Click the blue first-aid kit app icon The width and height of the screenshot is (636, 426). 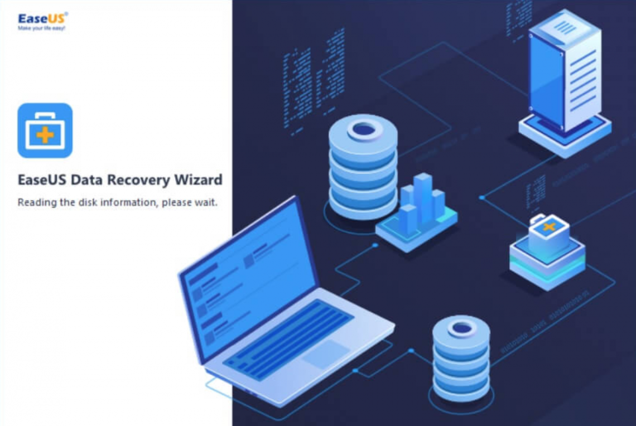(45, 130)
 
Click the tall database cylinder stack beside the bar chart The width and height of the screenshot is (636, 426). (363, 170)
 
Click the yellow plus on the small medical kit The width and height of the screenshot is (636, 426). (549, 227)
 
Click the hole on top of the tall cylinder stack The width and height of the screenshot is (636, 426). (364, 130)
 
